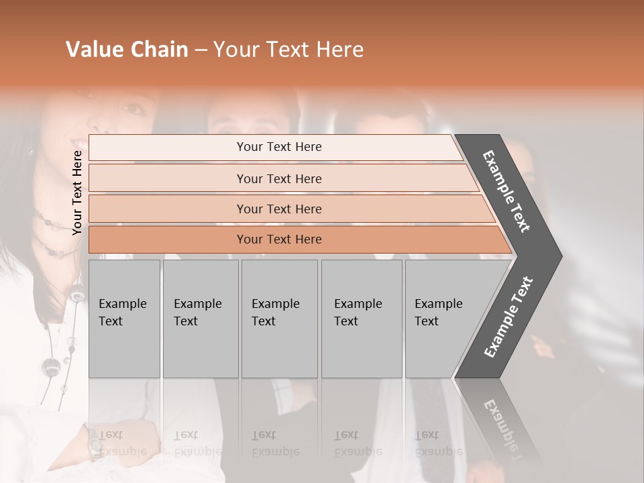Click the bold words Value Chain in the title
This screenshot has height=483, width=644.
pyautogui.click(x=127, y=50)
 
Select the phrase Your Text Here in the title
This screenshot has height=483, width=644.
pyautogui.click(x=288, y=50)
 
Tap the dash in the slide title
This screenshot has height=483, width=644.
pyautogui.click(x=201, y=50)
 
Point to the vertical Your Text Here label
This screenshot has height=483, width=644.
pyautogui.click(x=77, y=193)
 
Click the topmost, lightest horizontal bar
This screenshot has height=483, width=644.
pyautogui.click(x=279, y=147)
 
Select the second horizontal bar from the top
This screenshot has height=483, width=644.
pyautogui.click(x=279, y=178)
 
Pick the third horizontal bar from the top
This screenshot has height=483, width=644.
pyautogui.click(x=279, y=209)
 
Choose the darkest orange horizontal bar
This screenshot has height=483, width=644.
pyautogui.click(x=279, y=239)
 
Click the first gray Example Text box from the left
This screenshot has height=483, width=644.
pyautogui.click(x=124, y=318)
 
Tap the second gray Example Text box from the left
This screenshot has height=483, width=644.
pyautogui.click(x=201, y=318)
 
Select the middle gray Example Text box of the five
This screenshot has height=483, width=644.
pyautogui.click(x=279, y=318)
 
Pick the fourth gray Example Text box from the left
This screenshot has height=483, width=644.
pyautogui.click(x=362, y=318)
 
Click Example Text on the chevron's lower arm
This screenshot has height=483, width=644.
pyautogui.click(x=508, y=317)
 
